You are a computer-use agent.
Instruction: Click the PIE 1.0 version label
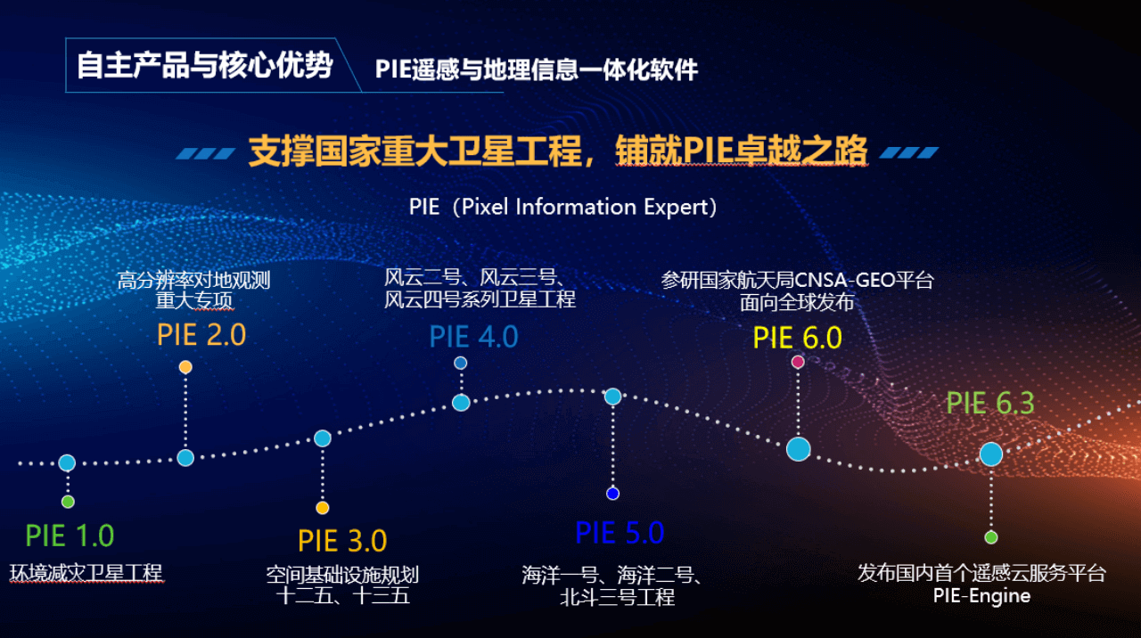tap(70, 536)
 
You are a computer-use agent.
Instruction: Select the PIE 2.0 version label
tap(201, 335)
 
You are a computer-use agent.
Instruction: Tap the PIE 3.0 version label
tap(342, 541)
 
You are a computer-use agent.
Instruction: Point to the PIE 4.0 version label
tap(473, 337)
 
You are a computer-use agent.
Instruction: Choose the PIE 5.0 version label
tap(620, 533)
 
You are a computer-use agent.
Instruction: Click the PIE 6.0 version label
tap(798, 338)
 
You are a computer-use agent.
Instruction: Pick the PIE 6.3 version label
tap(990, 403)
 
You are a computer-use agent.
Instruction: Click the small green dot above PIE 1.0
tap(68, 502)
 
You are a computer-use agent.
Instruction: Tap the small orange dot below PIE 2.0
tap(185, 367)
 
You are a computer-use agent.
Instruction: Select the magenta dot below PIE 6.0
tap(798, 362)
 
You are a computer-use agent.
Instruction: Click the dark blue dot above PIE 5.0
tap(612, 494)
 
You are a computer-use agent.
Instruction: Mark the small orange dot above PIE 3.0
tap(323, 508)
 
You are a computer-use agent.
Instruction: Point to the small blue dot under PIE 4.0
tap(461, 363)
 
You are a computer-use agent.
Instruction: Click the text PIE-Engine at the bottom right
tap(981, 596)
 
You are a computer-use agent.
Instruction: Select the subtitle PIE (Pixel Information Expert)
tap(562, 208)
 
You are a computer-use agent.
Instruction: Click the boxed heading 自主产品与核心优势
tap(205, 65)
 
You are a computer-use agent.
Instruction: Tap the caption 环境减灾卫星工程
tap(86, 573)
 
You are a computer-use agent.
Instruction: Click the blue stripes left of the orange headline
tap(205, 153)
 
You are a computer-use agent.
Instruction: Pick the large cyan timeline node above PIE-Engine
tap(991, 454)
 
